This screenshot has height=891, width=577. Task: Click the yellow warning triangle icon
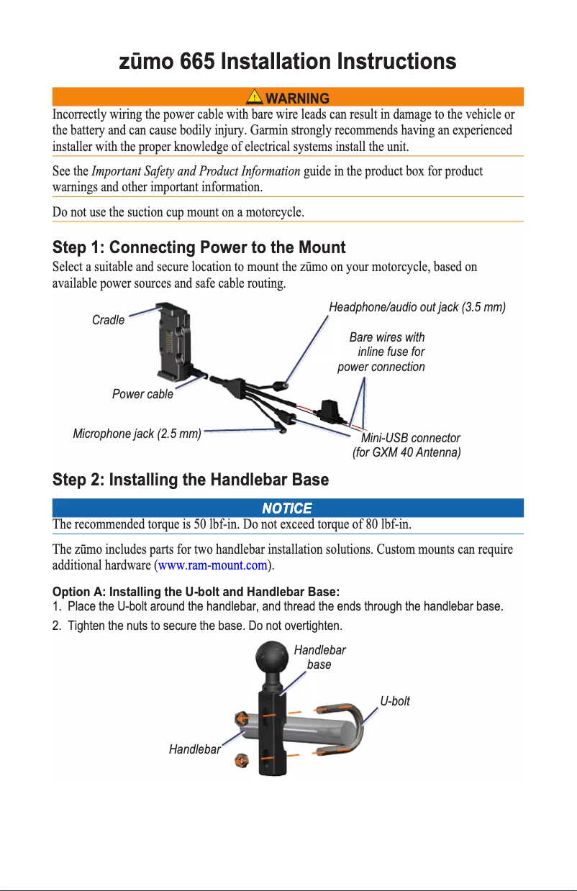(x=254, y=97)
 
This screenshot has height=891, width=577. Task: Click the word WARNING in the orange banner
(x=297, y=98)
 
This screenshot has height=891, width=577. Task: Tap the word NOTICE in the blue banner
(x=287, y=508)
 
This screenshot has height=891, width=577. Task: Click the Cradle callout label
(x=108, y=320)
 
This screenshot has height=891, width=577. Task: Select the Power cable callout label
(x=142, y=394)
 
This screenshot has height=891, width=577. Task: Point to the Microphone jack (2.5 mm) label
(x=137, y=434)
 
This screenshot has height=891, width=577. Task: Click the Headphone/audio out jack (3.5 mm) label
(x=417, y=307)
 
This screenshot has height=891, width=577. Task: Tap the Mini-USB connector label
(x=410, y=438)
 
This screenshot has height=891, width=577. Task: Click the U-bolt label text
(x=395, y=701)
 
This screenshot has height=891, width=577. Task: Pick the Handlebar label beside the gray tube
(x=194, y=749)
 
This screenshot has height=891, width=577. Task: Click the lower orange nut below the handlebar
(x=242, y=762)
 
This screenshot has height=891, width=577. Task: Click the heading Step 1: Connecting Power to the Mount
(x=199, y=248)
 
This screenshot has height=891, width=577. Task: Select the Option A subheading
(x=196, y=592)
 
